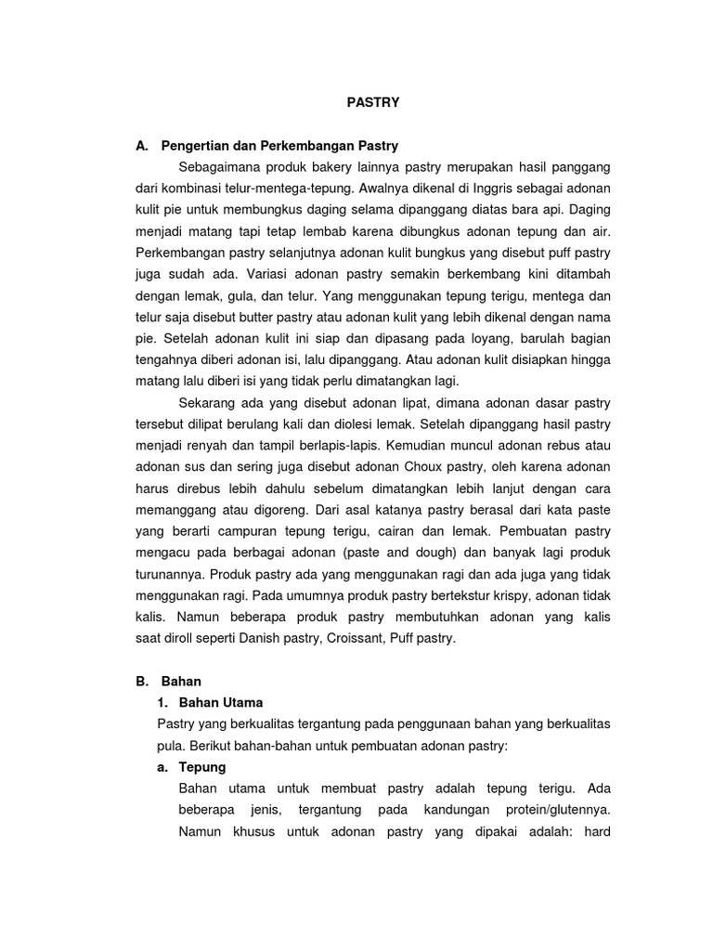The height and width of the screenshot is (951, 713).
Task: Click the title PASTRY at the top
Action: tap(373, 103)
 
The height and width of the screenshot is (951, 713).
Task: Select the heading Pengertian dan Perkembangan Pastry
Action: tap(279, 146)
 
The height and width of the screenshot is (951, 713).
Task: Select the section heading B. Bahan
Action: tap(168, 681)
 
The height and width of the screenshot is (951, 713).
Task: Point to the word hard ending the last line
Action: tap(594, 831)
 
